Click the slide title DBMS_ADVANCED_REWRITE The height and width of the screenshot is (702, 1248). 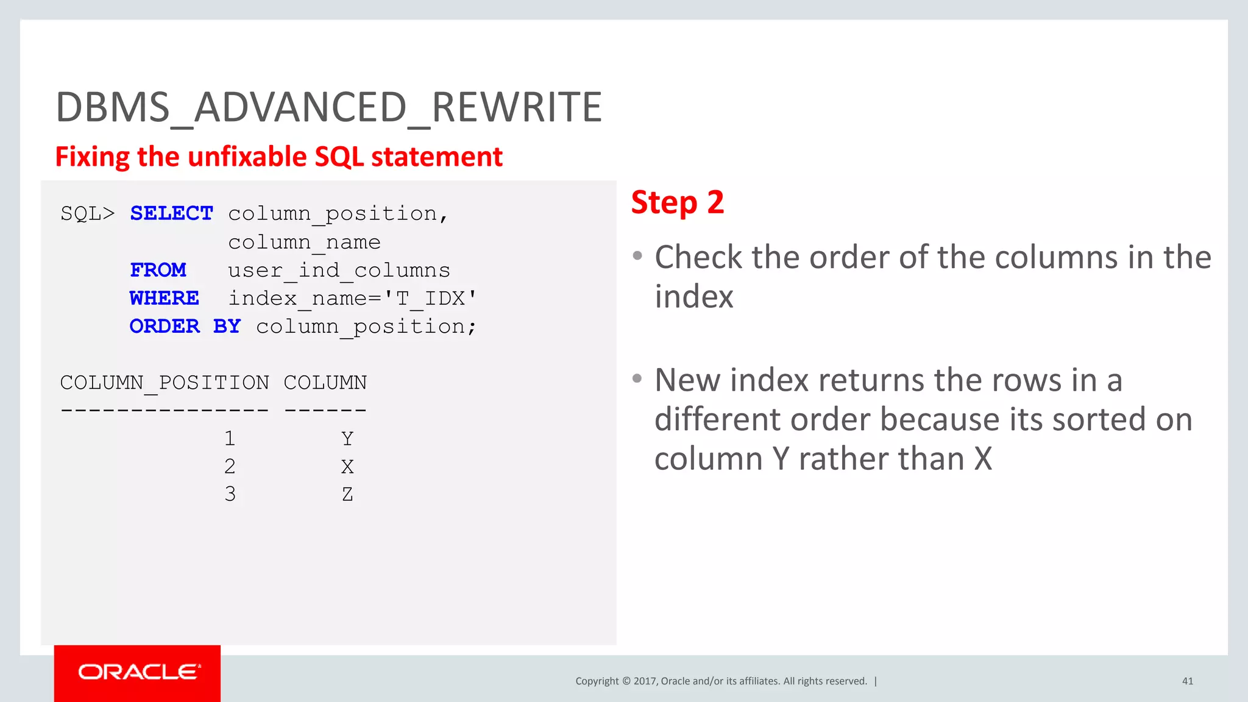328,107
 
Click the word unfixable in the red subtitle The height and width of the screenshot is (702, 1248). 248,157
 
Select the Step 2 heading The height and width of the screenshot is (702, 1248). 677,202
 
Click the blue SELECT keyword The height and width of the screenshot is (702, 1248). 171,213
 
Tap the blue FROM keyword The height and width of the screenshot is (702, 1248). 158,270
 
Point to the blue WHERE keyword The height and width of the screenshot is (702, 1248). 164,298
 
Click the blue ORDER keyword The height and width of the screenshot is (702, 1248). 165,326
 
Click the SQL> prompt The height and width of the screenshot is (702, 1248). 87,213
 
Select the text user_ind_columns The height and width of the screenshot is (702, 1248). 339,270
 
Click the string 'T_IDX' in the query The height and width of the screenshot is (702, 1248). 430,298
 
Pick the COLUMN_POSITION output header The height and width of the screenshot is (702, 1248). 165,383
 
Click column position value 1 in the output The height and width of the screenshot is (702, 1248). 230,438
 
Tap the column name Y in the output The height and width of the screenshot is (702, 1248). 347,438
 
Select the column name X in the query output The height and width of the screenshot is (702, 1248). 347,467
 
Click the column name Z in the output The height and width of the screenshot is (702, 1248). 347,494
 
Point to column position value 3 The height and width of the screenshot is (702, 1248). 230,494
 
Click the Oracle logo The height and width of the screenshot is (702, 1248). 138,672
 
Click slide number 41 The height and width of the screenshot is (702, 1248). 1187,681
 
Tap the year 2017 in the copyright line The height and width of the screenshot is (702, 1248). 645,681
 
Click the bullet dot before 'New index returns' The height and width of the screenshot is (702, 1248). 637,378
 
